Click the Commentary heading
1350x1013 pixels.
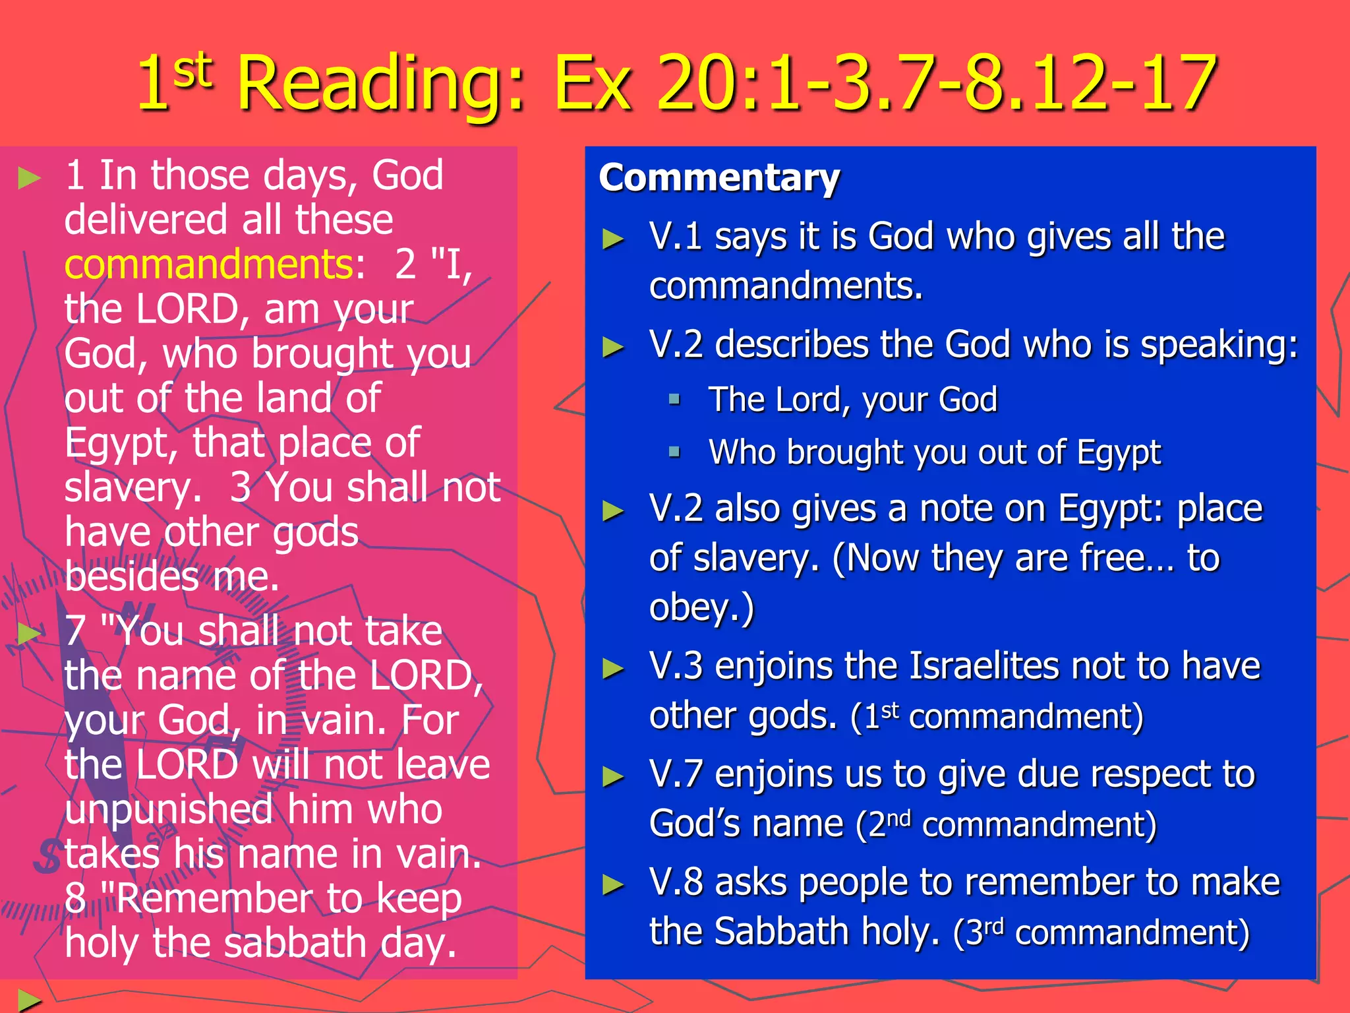719,178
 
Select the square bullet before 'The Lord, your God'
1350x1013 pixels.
674,399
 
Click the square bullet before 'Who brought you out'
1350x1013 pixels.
674,452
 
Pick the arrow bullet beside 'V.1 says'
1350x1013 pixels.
613,239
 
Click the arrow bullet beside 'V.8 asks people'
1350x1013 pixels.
613,884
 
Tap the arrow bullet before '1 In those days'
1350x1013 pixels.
29,177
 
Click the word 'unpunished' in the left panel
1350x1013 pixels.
169,809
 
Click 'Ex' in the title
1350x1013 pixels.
592,84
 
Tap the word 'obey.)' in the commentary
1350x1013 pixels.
701,607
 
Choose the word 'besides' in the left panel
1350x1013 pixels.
132,577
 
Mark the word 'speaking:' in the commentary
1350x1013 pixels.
1219,345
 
